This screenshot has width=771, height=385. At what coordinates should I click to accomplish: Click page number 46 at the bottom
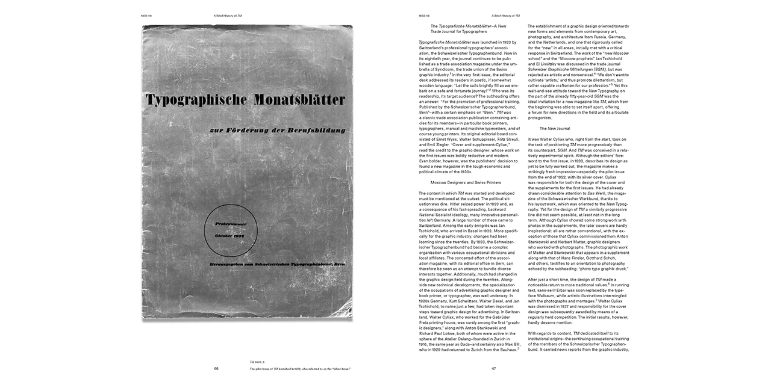pyautogui.click(x=216, y=368)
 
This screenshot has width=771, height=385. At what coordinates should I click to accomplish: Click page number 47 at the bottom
pyautogui.click(x=493, y=368)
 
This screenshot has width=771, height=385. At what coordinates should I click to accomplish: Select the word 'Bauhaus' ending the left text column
pyautogui.click(x=502, y=348)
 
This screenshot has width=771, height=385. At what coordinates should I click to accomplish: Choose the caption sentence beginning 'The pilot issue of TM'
pyautogui.click(x=300, y=368)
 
